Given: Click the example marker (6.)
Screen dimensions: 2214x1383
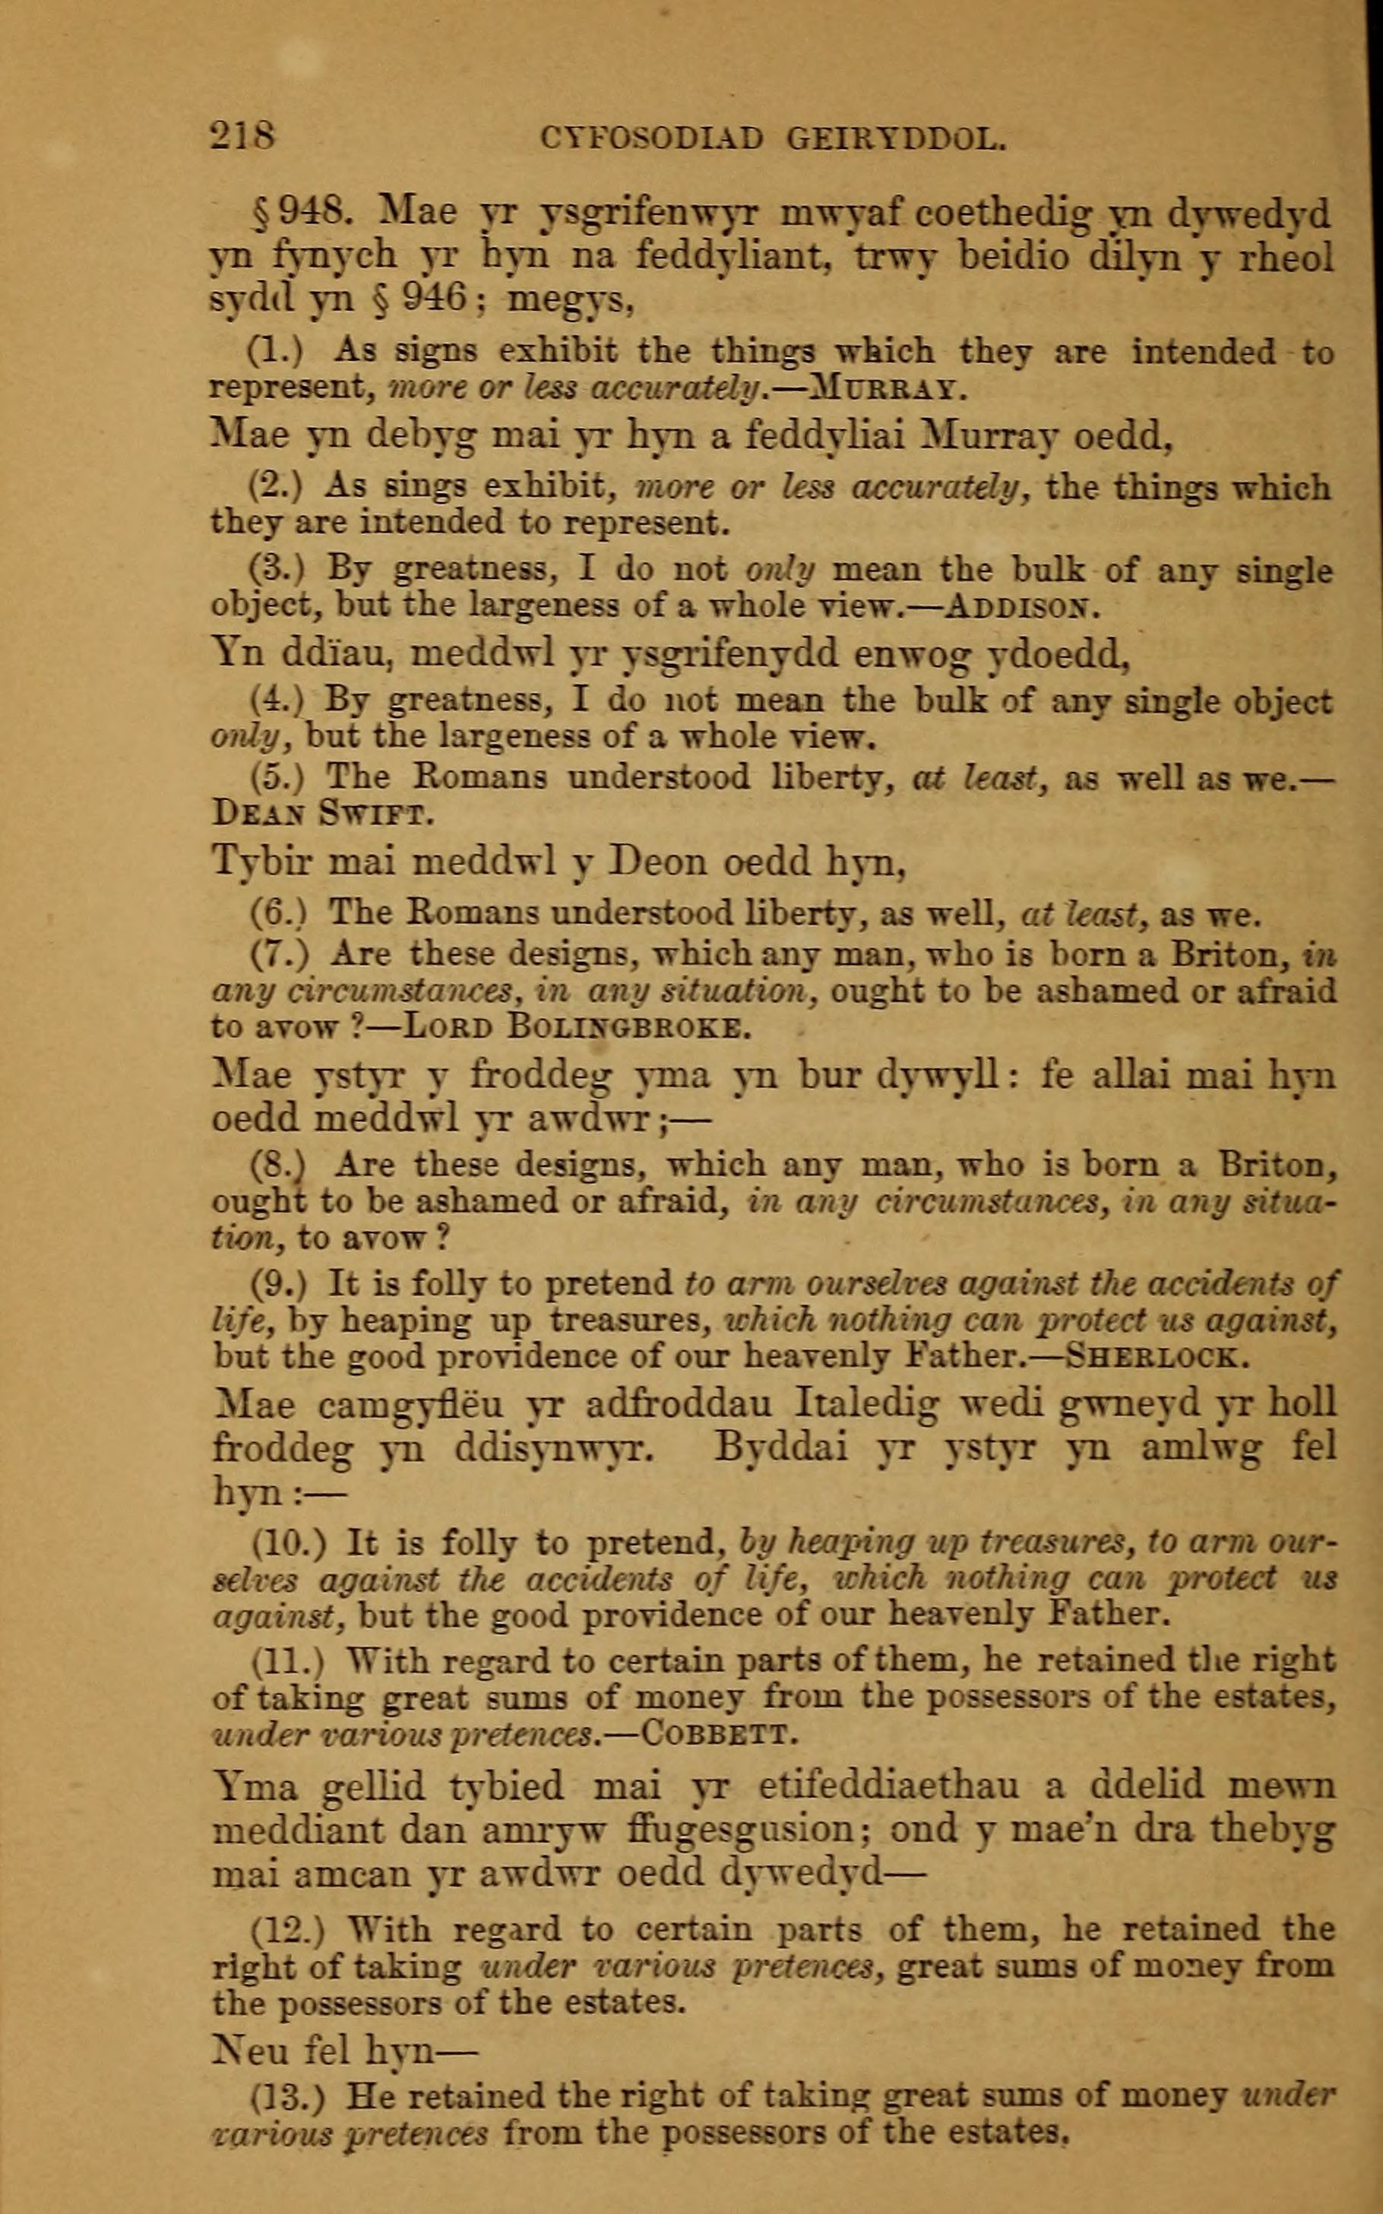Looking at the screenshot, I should pyautogui.click(x=277, y=912).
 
